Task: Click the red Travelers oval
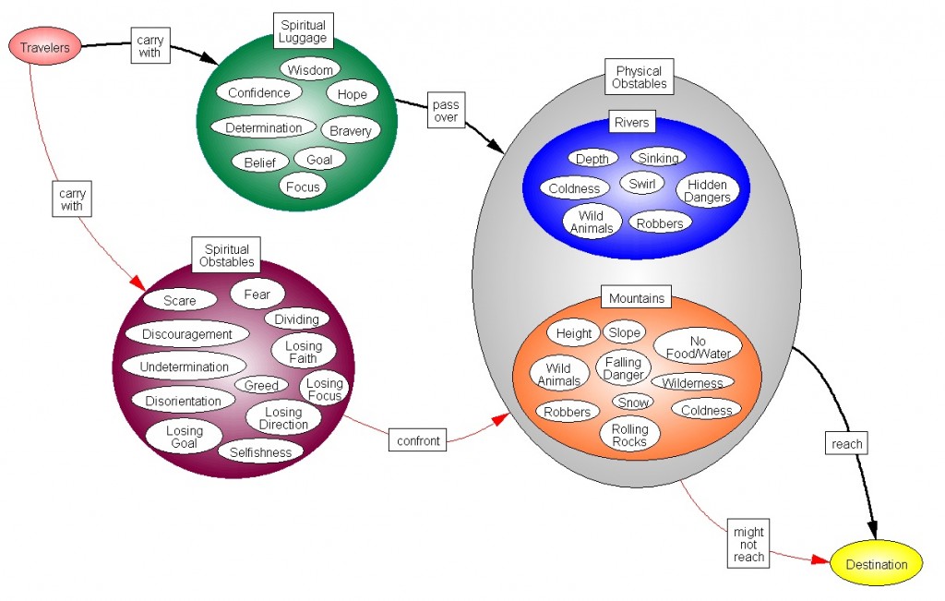(45, 48)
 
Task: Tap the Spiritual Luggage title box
(303, 32)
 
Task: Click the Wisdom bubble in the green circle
(310, 69)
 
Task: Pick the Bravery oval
(350, 131)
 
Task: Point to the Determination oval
(264, 127)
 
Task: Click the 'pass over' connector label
(445, 111)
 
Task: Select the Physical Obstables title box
(640, 78)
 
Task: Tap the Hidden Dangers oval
(708, 190)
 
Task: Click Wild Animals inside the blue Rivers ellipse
(592, 222)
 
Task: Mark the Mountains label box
(637, 298)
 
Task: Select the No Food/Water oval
(698, 347)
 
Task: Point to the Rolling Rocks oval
(630, 435)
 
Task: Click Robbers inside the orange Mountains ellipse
(567, 412)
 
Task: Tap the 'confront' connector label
(417, 440)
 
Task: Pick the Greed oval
(262, 385)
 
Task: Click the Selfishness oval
(261, 452)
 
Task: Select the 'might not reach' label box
(748, 545)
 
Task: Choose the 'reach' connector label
(846, 444)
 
